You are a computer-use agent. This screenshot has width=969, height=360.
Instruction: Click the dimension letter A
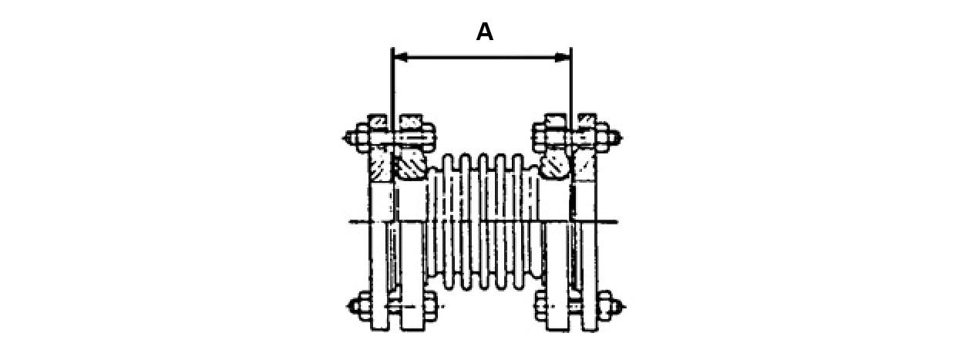484,32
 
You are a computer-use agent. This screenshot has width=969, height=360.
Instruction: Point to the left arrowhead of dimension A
399,57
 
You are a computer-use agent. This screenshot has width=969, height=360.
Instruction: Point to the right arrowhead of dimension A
564,57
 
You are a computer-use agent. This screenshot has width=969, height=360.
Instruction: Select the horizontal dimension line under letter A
482,57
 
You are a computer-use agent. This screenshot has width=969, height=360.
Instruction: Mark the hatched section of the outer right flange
587,165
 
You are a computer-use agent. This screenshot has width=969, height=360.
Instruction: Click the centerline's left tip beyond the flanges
353,223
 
